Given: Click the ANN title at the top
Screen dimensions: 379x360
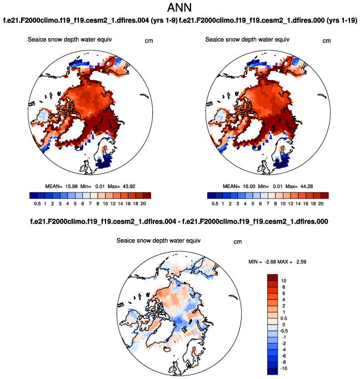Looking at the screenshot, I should (179, 8).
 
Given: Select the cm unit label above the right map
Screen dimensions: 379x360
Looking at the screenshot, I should (327, 41).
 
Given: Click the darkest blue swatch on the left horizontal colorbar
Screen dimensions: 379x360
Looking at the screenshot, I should (33, 195).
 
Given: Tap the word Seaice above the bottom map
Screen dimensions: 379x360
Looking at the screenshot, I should (126, 241).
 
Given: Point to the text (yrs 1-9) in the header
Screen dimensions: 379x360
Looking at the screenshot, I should (161, 21).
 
